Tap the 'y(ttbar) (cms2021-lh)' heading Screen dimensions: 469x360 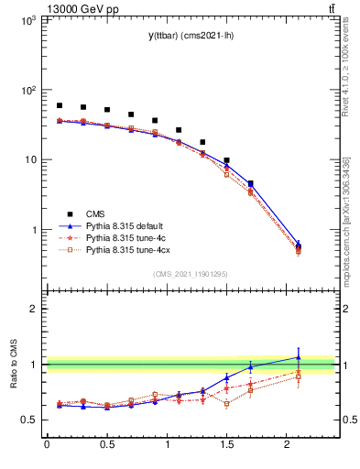coord(191,35)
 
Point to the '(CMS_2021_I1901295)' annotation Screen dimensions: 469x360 coord(191,274)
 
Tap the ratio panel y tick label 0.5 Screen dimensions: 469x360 coord(28,420)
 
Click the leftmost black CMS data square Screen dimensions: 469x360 coord(60,105)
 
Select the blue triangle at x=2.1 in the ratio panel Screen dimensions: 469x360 coord(299,357)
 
